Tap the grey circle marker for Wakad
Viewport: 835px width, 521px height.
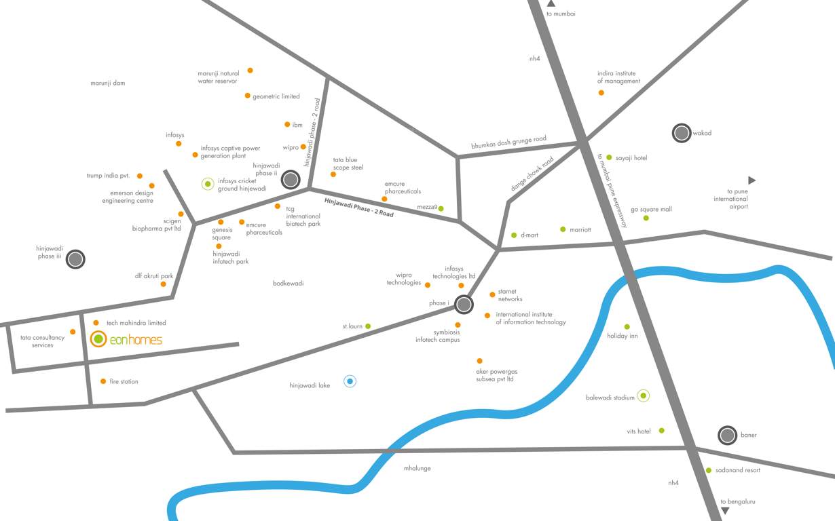681,133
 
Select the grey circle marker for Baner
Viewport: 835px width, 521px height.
727,435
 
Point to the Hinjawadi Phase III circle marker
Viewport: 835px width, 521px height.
75,258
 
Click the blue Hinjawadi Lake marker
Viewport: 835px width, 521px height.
350,381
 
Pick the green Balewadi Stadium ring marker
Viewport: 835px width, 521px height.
643,395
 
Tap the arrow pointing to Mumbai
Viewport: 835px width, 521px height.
551,3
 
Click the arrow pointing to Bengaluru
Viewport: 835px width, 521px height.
725,512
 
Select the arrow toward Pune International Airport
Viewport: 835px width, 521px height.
751,180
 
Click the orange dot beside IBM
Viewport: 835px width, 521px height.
287,124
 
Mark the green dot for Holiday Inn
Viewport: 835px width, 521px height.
627,326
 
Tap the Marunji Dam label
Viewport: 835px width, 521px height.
107,83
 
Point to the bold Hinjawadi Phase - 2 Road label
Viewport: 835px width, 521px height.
358,206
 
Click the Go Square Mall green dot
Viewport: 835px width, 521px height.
646,218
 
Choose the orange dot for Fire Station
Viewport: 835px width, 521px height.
103,381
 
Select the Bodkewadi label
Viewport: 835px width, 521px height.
288,283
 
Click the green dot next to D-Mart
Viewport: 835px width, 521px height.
514,235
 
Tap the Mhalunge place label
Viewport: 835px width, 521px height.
417,468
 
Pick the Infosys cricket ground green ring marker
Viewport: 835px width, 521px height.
208,183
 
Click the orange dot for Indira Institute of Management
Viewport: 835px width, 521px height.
601,92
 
